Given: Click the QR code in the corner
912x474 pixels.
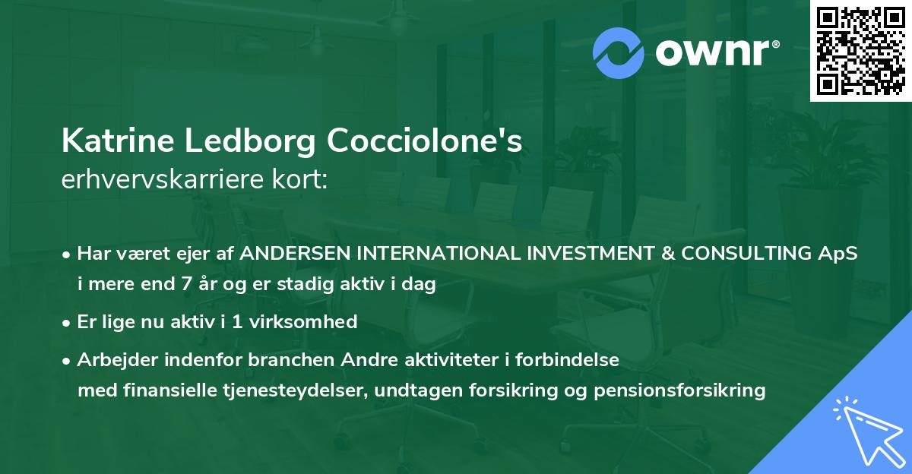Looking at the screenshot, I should [x=861, y=50].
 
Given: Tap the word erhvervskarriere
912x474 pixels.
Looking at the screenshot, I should [x=163, y=179].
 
